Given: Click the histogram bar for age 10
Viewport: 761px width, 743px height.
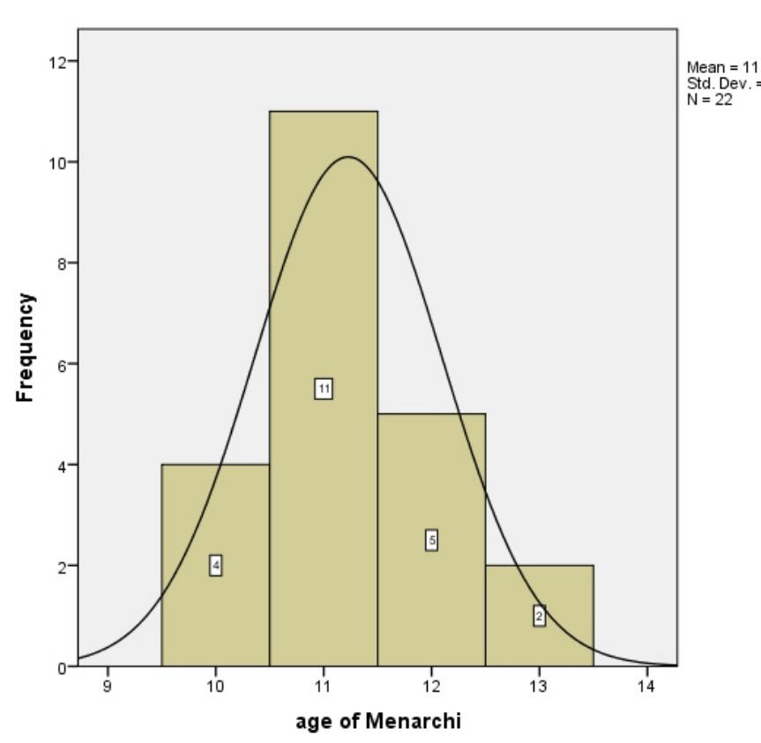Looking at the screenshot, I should [215, 511].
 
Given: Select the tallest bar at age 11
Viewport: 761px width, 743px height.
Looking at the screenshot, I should [324, 264].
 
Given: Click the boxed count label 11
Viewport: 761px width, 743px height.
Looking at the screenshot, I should [324, 389].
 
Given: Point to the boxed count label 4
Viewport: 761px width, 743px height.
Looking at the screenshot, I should [215, 566].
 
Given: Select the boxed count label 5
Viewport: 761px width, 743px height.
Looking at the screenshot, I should [431, 540].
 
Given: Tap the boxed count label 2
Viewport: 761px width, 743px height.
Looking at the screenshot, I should [539, 616].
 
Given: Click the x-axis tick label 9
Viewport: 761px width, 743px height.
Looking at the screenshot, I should [108, 686].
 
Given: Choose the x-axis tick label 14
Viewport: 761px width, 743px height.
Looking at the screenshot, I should [646, 686].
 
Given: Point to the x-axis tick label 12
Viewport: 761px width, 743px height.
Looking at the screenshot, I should [431, 686].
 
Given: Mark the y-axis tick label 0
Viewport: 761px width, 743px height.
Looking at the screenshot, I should [63, 667].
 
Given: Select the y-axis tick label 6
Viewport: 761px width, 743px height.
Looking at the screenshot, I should [63, 364].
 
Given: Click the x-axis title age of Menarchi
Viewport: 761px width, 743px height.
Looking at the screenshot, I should [377, 722].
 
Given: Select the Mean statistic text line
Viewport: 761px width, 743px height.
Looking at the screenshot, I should [721, 67].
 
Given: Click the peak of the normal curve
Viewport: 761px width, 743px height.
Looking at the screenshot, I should [348, 157].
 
